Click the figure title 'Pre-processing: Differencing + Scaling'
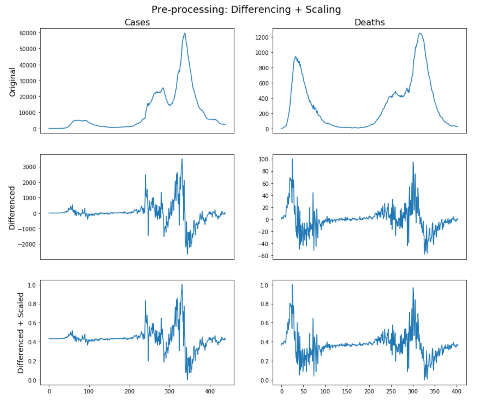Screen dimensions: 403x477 [246, 10]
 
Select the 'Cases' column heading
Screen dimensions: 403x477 [137, 22]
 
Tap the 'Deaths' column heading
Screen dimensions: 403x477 [369, 22]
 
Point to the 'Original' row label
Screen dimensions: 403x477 [12, 82]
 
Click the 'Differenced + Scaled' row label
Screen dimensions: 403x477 [21, 333]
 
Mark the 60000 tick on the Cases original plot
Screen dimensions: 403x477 [28, 33]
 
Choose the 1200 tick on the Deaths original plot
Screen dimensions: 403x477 [262, 37]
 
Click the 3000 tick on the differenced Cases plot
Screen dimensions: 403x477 [29, 167]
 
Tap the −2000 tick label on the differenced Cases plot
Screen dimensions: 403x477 [27, 244]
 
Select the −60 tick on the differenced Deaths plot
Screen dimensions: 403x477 [263, 256]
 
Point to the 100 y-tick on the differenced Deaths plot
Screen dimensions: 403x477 [264, 159]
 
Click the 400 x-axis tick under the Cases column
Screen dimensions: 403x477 [210, 392]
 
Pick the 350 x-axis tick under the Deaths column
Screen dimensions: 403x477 [435, 392]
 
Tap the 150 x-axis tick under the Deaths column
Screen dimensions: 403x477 [347, 392]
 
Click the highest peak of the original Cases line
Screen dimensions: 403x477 [185, 33]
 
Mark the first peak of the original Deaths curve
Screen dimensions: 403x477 [295, 57]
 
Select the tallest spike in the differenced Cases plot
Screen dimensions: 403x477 [182, 159]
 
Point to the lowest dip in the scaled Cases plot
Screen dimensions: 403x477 [187, 380]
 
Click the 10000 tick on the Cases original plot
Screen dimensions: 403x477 [28, 113]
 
